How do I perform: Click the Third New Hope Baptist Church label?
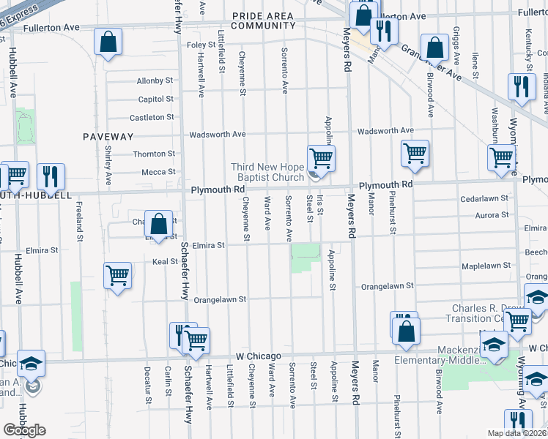(267, 172)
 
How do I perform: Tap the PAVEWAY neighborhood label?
(108, 137)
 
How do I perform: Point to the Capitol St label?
(155, 99)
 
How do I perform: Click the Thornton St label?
(154, 154)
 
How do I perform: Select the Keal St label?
(165, 261)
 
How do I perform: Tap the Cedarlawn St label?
(484, 198)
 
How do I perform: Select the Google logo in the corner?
(24, 430)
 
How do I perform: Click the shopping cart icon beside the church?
(320, 157)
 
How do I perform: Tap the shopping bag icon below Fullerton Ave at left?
(108, 43)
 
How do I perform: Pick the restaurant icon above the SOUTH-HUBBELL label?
(51, 177)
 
